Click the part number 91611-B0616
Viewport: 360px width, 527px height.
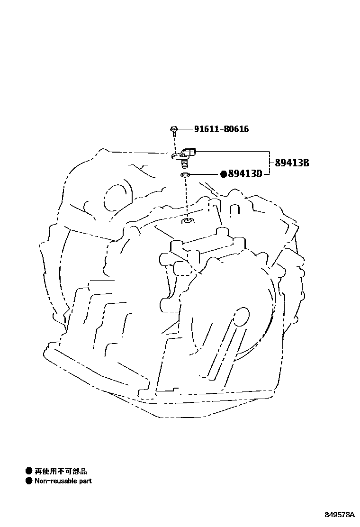pos(221,129)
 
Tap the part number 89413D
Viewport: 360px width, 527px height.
pos(245,174)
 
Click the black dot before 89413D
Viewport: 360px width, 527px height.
pos(224,174)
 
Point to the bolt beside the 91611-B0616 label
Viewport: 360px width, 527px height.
pos(174,128)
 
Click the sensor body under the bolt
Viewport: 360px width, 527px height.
pos(182,154)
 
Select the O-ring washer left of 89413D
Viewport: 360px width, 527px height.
pos(186,176)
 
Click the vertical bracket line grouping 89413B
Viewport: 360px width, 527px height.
pos(270,163)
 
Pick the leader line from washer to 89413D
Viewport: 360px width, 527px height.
pos(205,174)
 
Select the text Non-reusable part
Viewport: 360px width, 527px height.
pos(63,481)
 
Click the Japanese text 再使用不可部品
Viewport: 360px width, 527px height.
pos(61,471)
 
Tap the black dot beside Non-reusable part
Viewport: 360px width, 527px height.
pos(29,481)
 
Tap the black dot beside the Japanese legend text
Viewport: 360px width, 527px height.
pos(29,471)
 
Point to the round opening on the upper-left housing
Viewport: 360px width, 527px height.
pos(114,197)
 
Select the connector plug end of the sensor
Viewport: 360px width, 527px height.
pos(194,152)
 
